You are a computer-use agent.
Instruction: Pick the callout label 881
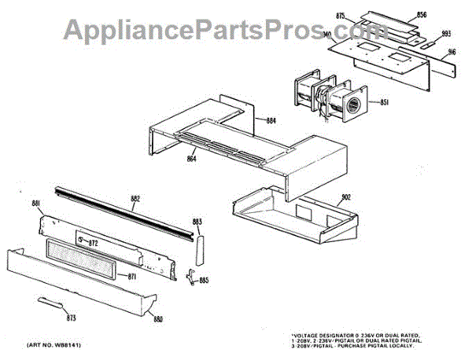pos(36,204)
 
